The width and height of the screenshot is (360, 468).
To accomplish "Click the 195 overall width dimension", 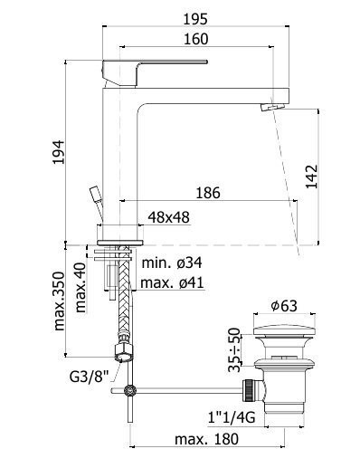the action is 195,19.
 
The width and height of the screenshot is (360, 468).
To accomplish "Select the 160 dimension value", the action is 196,39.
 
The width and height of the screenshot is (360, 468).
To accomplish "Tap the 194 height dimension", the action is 59,152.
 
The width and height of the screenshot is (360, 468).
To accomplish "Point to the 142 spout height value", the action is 312,177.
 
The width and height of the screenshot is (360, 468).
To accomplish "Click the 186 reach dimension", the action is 208,193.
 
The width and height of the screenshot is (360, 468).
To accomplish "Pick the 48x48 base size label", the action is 169,217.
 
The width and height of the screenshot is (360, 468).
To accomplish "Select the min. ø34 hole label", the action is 172,263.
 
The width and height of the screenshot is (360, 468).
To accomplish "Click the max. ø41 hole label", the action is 172,283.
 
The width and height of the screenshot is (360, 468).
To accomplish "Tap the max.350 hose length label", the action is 59,301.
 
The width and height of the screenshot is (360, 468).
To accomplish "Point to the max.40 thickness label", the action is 81,288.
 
